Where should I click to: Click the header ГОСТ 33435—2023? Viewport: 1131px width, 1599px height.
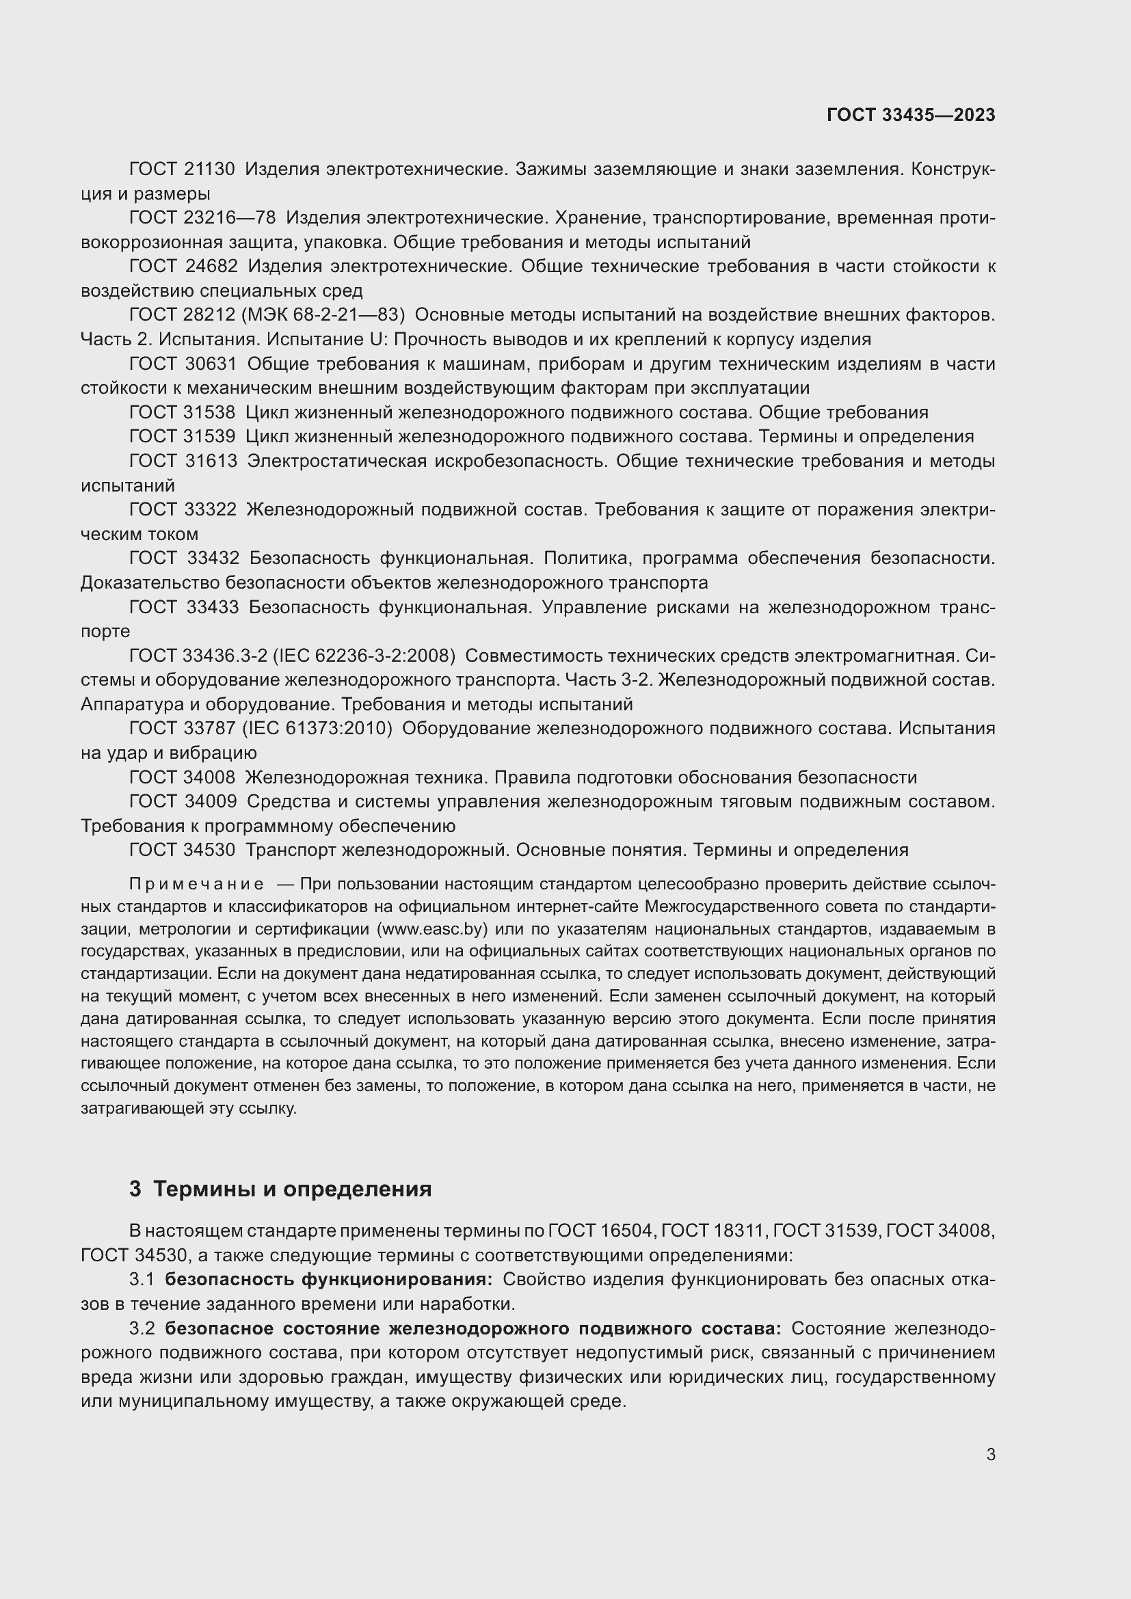910,115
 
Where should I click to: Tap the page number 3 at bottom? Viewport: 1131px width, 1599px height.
990,1454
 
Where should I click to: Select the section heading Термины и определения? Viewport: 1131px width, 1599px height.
292,1190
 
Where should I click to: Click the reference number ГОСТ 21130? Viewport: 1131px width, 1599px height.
182,170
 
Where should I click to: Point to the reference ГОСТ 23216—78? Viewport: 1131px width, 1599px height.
202,218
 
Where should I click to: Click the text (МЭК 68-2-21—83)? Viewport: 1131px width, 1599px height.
323,315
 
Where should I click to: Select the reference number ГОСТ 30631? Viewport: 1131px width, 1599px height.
183,364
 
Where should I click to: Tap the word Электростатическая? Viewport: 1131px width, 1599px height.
336,461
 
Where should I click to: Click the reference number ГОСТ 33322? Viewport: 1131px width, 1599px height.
183,510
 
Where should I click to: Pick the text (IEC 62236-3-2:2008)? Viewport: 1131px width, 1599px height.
364,656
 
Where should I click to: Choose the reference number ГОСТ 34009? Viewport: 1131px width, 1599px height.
183,802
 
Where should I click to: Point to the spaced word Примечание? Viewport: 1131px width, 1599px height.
196,885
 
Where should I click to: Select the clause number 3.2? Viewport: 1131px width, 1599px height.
142,1328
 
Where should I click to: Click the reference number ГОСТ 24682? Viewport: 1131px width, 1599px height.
183,267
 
